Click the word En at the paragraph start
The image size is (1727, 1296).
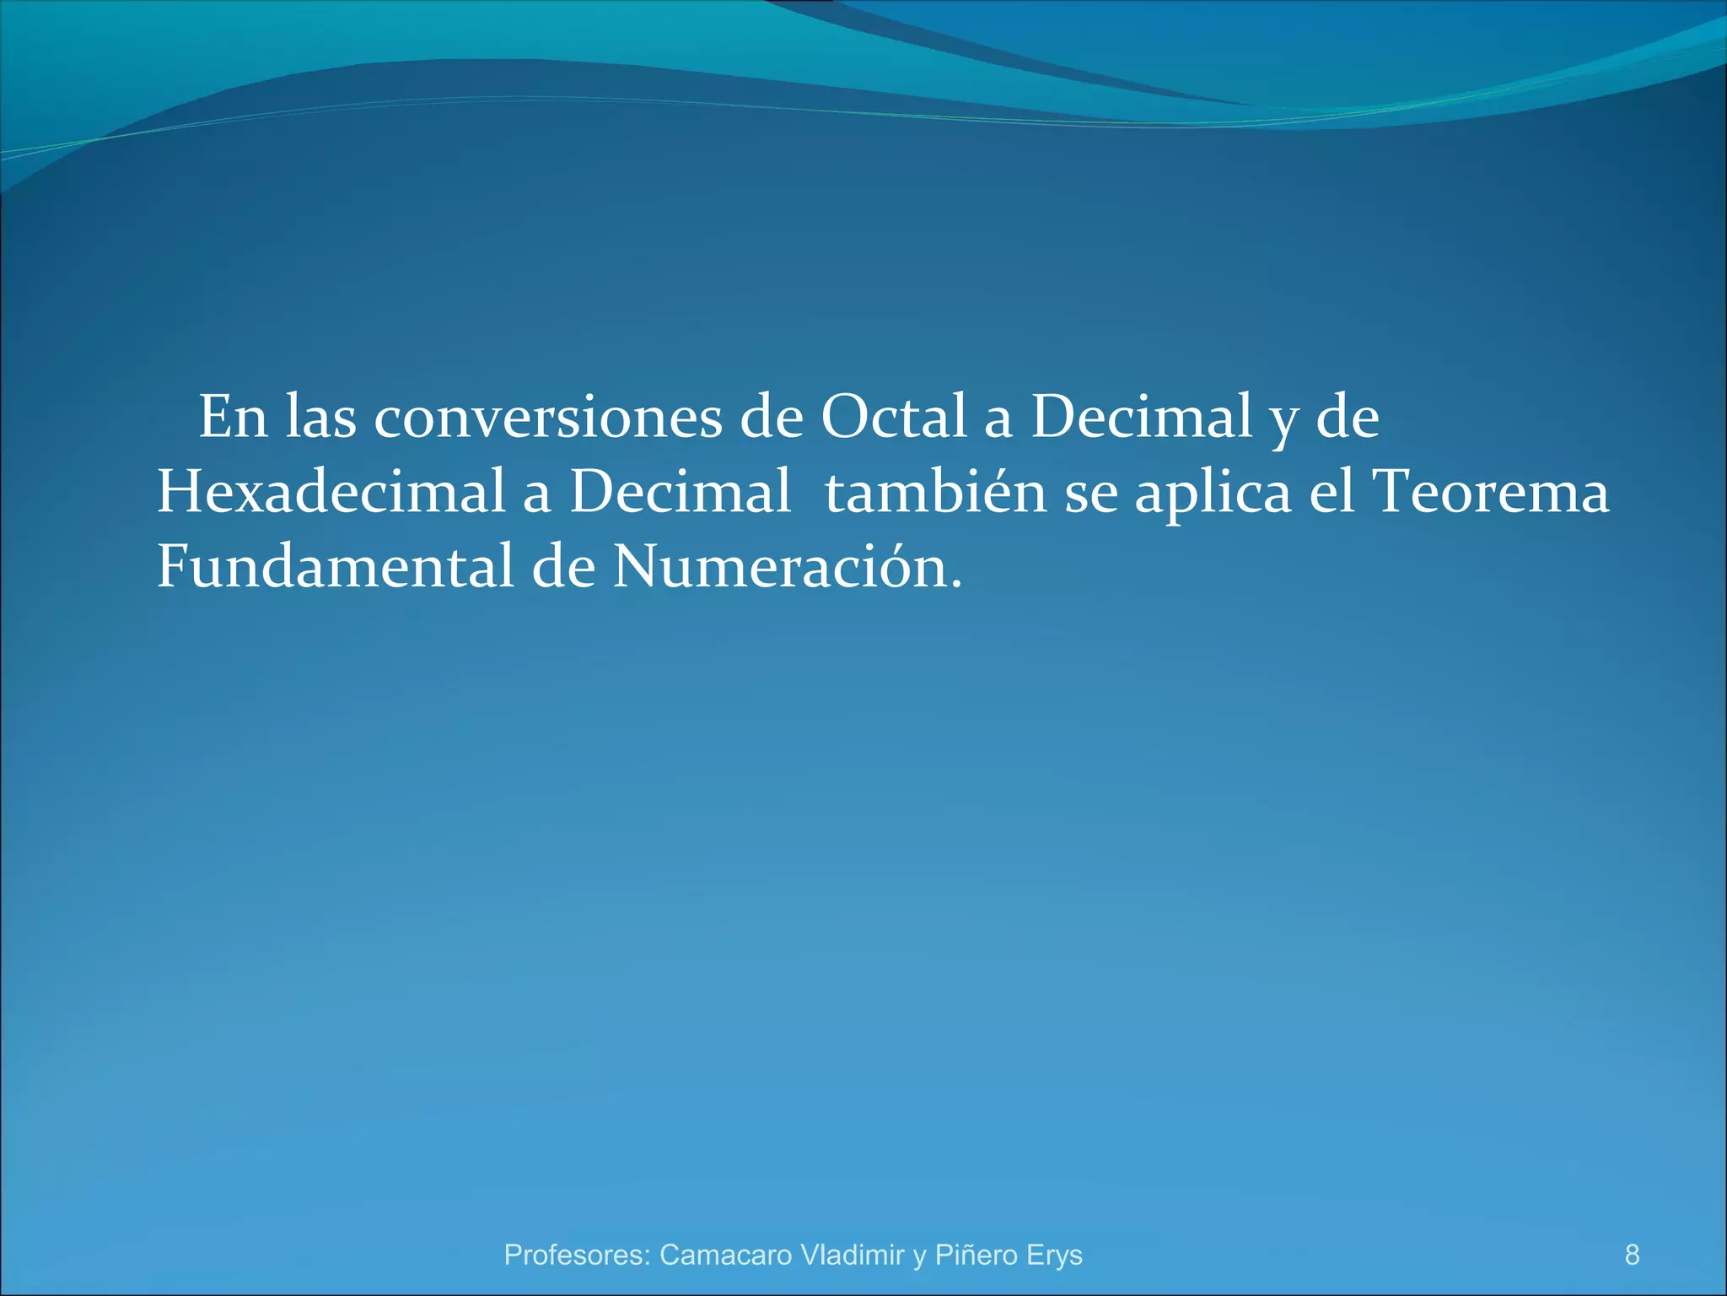pos(233,418)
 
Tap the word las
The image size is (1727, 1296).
pos(321,418)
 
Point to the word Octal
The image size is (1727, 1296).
pos(894,418)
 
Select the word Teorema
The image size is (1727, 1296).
pos(1491,492)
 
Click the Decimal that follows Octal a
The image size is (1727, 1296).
pos(1142,418)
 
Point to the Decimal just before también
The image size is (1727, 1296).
pos(681,492)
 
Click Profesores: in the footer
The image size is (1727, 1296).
pos(577,1255)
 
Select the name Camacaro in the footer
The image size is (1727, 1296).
pos(725,1255)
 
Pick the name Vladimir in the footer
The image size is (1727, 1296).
pos(852,1255)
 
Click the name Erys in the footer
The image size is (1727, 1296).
pos(1054,1255)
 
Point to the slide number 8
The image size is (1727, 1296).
pos(1633,1255)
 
